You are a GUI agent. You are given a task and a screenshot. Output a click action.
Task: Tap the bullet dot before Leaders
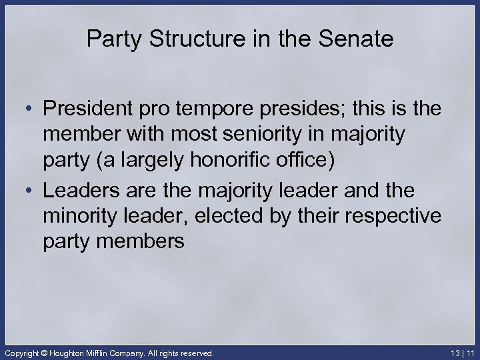tap(27, 191)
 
